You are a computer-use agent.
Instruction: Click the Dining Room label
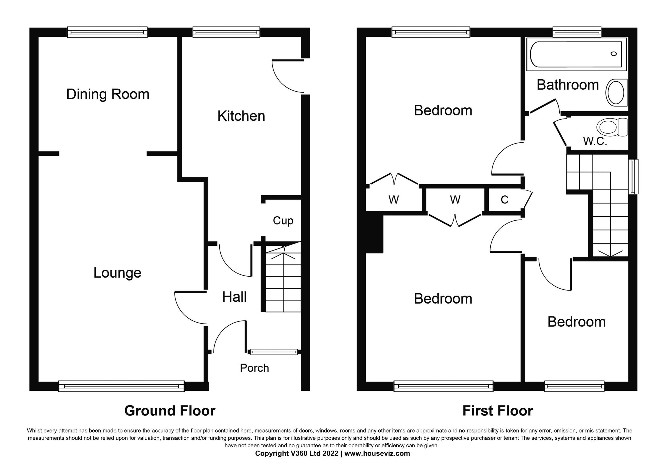pos(108,95)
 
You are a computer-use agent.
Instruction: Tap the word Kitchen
pos(241,116)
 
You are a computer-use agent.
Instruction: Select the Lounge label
pos(117,273)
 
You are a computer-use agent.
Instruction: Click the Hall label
pos(234,297)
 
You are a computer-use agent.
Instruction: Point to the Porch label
pos(254,368)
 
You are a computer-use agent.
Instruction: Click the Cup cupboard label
pos(283,221)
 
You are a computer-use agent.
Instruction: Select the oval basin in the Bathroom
pos(615,92)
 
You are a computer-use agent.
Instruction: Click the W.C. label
pos(595,141)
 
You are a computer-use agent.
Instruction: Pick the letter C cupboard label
pos(505,200)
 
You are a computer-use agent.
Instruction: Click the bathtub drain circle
pos(614,54)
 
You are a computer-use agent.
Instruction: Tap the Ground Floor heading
pos(170,411)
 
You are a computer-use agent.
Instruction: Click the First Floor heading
pos(497,411)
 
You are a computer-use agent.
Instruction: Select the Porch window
pos(274,352)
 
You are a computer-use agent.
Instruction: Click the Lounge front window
pos(121,386)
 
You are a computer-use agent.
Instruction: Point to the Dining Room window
pos(107,32)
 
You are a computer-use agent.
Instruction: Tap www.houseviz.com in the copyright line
pos(377,453)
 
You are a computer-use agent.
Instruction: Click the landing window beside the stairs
pos(633,176)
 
